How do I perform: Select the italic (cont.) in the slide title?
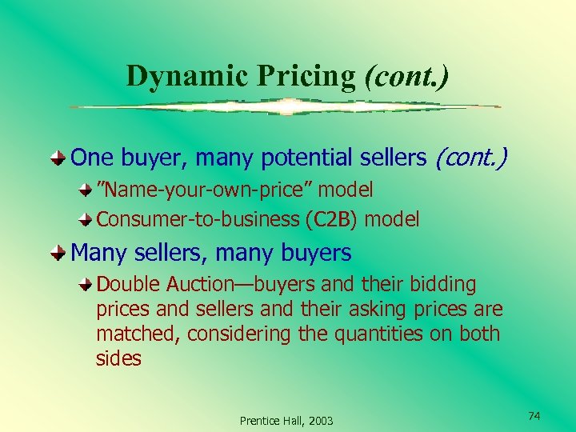[406, 75]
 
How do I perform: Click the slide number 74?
[534, 416]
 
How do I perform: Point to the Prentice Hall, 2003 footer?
[287, 421]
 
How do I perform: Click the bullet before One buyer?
[59, 158]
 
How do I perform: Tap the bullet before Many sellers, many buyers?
[59, 254]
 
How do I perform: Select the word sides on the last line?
[118, 358]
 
